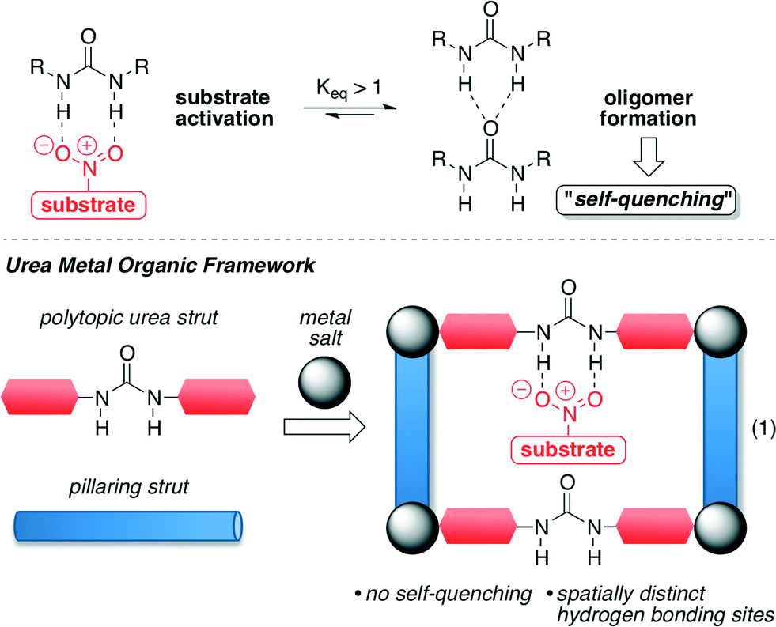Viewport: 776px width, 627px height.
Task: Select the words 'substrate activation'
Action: (x=222, y=108)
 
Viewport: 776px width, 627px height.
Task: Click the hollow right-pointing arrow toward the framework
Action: (x=324, y=429)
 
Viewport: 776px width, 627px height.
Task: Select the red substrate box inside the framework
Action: (x=565, y=450)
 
